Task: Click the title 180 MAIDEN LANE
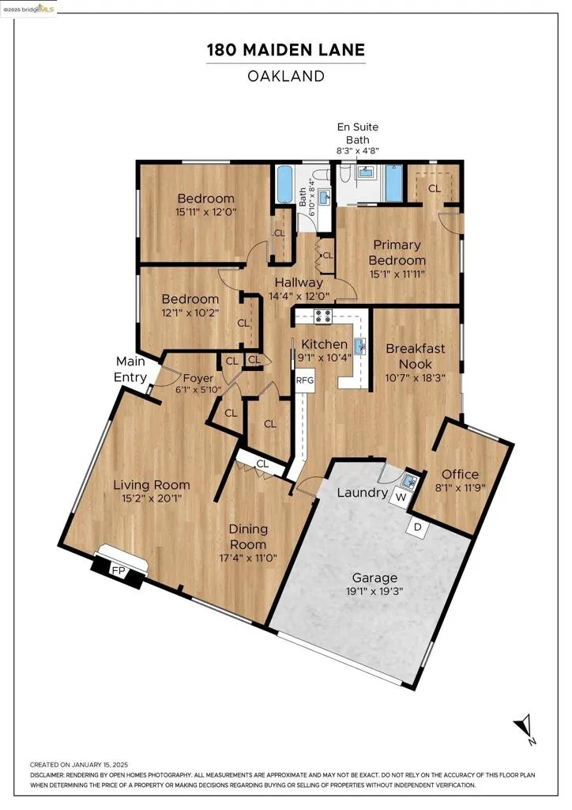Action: (286, 50)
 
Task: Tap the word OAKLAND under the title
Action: (286, 76)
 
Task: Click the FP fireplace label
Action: (119, 571)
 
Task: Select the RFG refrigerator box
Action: (305, 380)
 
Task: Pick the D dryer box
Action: (418, 528)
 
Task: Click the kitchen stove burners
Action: (323, 316)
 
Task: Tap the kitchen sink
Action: (360, 346)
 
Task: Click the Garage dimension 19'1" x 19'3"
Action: (374, 591)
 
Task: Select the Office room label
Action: (460, 475)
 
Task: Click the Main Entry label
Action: (130, 369)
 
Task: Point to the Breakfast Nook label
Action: (416, 356)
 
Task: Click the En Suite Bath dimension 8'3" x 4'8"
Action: (357, 151)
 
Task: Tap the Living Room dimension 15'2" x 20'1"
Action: (152, 498)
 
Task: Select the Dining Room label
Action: (248, 537)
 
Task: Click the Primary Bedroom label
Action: (397, 252)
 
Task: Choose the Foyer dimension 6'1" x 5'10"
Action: (198, 389)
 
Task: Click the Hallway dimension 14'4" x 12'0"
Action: (299, 297)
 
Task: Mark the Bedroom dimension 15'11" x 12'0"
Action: (205, 212)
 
